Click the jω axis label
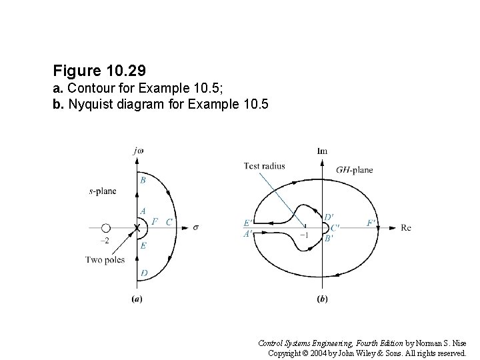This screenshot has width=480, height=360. [x=139, y=151]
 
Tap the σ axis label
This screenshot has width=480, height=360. [x=196, y=227]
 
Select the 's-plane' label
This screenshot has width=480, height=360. [x=102, y=191]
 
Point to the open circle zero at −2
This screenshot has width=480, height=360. [x=105, y=228]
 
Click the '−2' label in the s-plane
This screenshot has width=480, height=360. [x=104, y=241]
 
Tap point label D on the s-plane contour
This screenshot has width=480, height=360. [x=143, y=273]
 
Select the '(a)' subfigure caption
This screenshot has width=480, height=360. [x=137, y=299]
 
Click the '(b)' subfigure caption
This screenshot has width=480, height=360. [x=322, y=299]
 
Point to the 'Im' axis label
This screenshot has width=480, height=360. [x=322, y=151]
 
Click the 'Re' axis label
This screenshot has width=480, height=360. [x=406, y=227]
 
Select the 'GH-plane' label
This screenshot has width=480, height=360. [x=355, y=170]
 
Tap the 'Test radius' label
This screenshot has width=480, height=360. [x=261, y=165]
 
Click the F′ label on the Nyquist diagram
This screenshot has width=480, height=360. [x=371, y=222]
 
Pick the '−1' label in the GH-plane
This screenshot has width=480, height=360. [x=303, y=235]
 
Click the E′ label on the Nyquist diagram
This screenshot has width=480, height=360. [x=248, y=223]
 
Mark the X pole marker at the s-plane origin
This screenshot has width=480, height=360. [x=137, y=228]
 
